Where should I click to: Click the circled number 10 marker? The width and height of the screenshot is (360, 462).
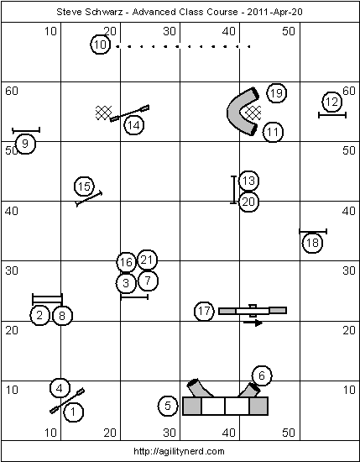tap(100, 45)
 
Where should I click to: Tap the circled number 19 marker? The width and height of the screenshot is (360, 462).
tap(276, 93)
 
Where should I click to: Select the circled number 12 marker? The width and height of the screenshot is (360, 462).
tap(331, 102)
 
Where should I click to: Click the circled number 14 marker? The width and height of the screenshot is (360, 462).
tap(134, 125)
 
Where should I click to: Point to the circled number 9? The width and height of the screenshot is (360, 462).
tap(25, 144)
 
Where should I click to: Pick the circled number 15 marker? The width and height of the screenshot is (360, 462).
tap(84, 186)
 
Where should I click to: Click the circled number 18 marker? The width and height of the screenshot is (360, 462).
tap(312, 243)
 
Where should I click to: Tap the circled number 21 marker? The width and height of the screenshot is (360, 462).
tap(147, 260)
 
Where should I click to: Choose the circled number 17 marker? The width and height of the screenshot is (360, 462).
tap(204, 311)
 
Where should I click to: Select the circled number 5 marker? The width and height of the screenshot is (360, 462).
tap(168, 406)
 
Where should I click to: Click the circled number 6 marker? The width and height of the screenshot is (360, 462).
tap(262, 375)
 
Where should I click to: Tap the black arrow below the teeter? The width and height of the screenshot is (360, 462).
tap(253, 323)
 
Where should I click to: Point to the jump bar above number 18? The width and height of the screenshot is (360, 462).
tap(313, 232)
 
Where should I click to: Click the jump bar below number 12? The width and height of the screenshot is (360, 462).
tap(332, 115)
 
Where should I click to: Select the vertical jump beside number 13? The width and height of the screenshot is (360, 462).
tap(234, 190)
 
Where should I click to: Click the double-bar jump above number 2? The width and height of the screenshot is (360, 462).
tap(47, 299)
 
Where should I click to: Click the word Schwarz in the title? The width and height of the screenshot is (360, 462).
tap(100, 12)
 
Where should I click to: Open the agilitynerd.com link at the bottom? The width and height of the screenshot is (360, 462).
tap(179, 451)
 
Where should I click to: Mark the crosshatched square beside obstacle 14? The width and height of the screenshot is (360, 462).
tap(103, 113)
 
